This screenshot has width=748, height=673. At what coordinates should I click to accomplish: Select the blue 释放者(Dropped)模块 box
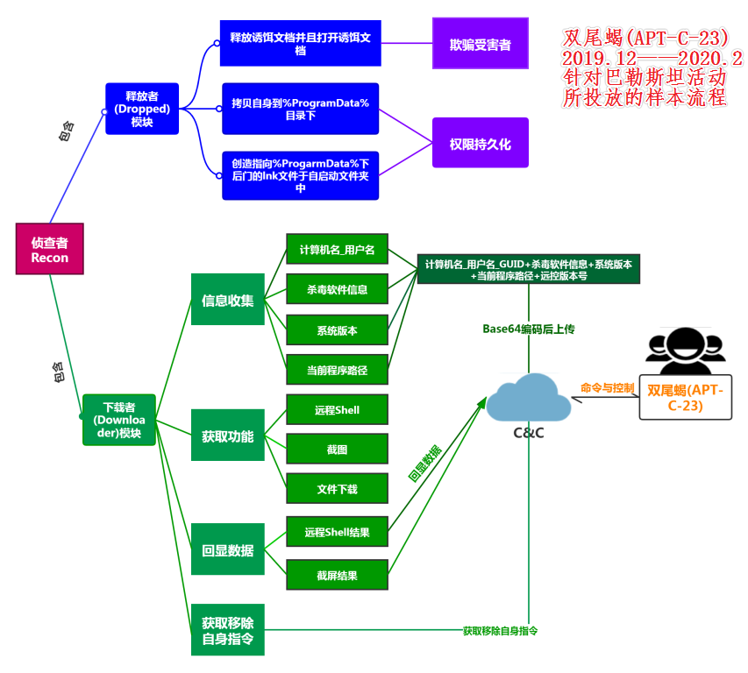141,109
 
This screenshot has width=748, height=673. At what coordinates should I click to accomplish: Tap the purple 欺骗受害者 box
480,44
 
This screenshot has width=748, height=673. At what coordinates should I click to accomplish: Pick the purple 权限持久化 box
480,143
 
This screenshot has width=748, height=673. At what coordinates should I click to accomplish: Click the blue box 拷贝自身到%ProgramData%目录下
300,110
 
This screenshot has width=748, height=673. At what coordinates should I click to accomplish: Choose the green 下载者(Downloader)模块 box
119,420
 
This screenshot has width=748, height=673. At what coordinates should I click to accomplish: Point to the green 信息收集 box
227,301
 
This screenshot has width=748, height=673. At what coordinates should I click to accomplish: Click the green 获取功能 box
227,436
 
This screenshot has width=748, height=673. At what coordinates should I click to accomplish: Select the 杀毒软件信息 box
337,289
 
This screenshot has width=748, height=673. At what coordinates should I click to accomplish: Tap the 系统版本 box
337,329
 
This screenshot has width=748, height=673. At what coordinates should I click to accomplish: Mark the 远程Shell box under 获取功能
337,409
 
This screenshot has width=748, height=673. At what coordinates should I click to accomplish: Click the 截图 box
337,449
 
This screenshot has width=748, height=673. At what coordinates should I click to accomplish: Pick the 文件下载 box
337,488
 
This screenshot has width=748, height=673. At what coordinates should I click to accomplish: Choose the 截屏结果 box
337,575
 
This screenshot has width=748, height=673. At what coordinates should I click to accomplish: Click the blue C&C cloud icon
528,399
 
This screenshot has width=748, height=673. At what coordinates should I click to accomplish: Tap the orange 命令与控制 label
607,387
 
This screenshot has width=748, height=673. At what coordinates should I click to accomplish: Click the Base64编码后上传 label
528,329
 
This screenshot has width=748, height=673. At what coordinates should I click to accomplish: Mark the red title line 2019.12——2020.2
652,59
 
